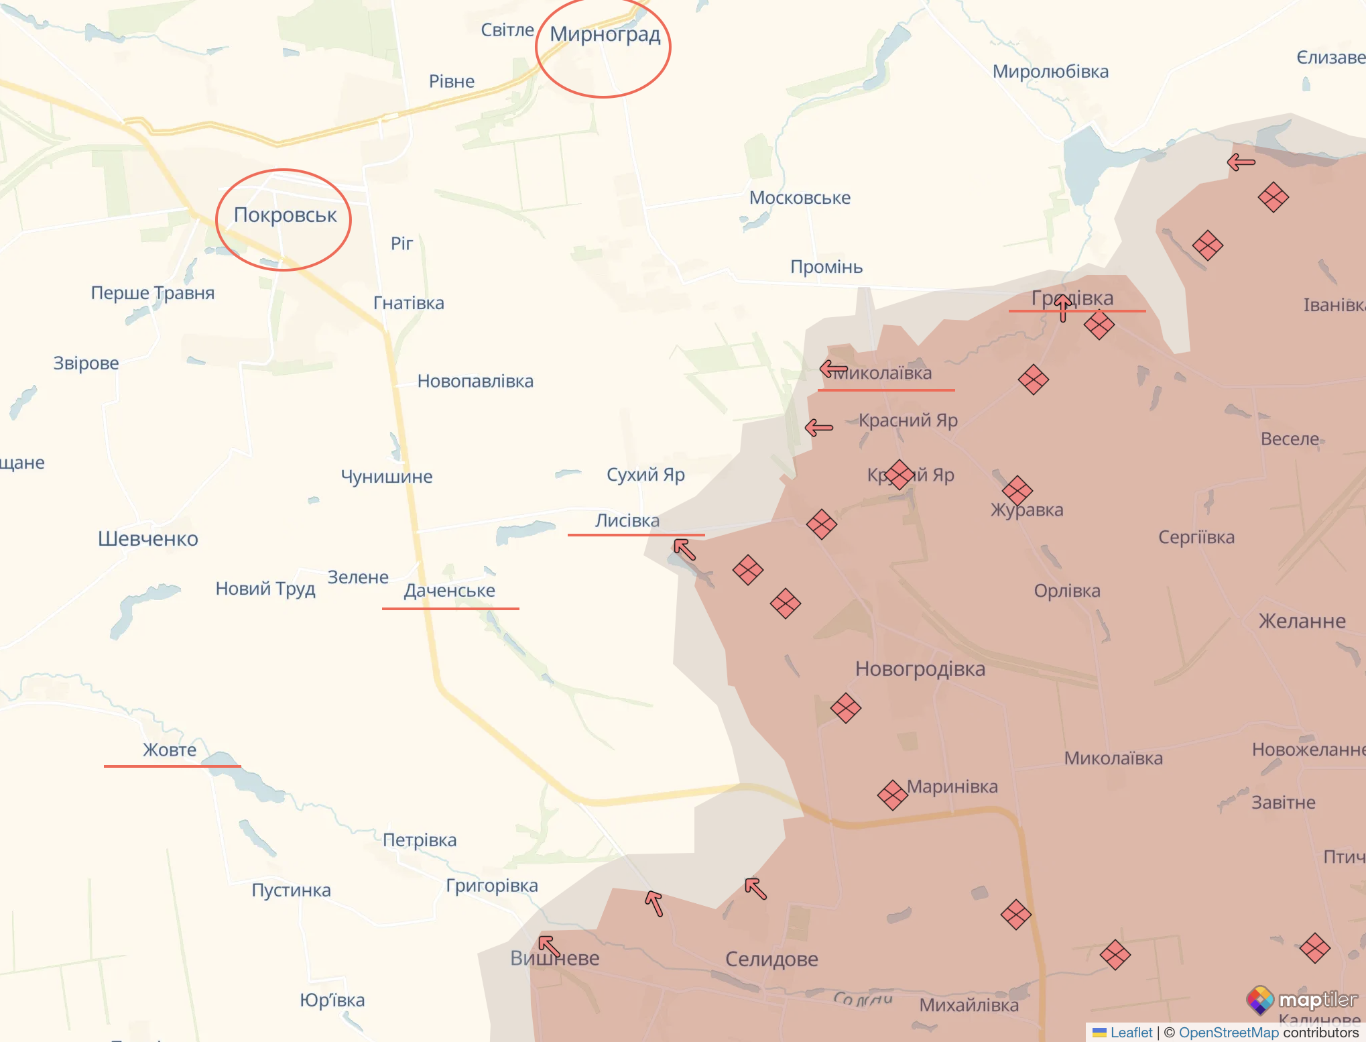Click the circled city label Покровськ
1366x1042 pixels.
(285, 215)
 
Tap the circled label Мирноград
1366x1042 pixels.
(605, 34)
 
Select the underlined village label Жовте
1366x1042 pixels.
(170, 750)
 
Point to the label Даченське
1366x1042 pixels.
(449, 591)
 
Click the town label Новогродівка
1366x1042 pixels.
(920, 669)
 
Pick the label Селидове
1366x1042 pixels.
(771, 959)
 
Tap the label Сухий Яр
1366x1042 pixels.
(645, 475)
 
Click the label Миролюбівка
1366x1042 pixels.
(1050, 72)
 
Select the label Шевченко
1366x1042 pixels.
(148, 538)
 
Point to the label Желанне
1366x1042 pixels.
(1302, 621)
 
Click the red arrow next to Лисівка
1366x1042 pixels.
(684, 549)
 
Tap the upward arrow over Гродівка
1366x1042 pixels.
(1063, 308)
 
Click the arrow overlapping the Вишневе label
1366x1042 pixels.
(550, 946)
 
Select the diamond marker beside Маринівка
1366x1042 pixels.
(892, 795)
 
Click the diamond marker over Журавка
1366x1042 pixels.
(1017, 491)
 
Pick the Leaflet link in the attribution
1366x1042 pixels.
(1131, 1033)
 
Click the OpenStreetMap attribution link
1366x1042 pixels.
(1229, 1033)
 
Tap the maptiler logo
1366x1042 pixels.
(1302, 1000)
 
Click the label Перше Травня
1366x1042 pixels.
(153, 293)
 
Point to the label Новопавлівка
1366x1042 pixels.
(475, 382)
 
